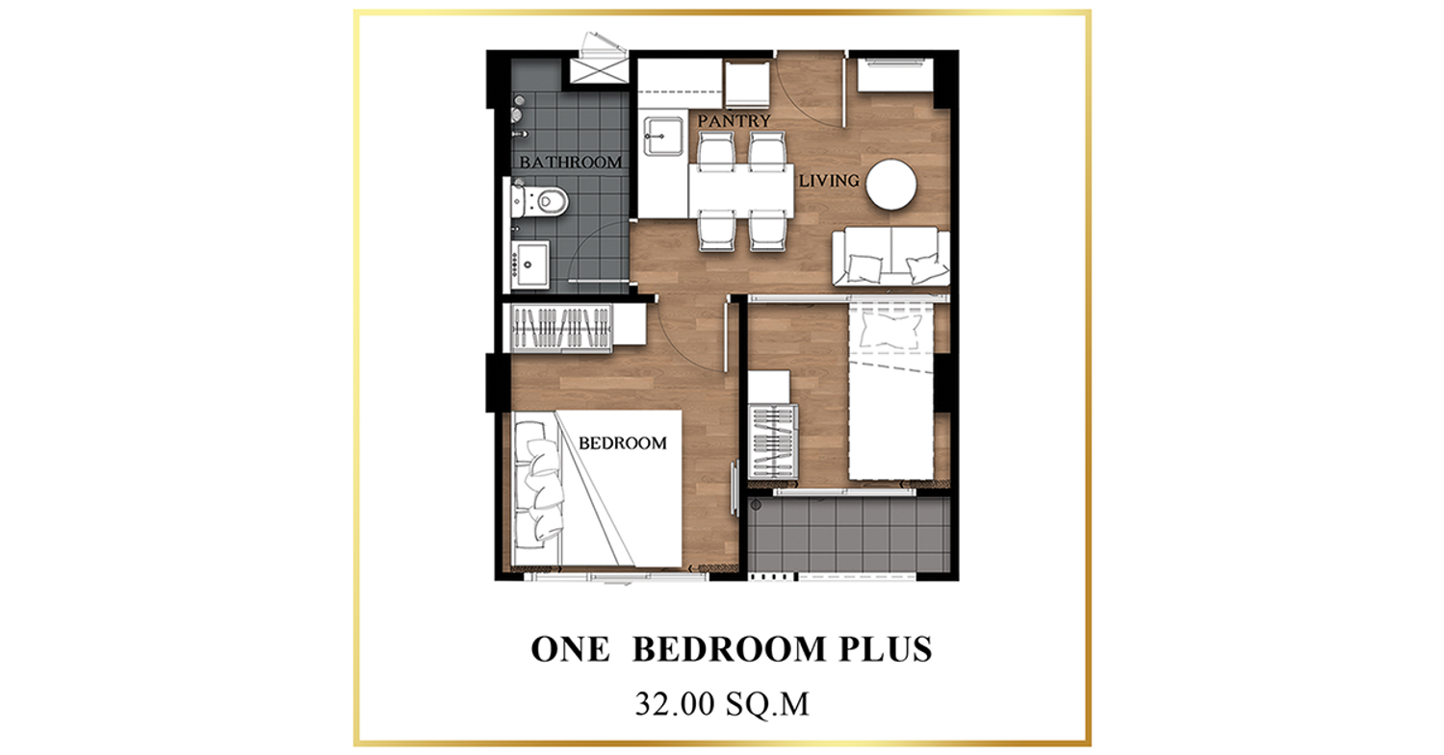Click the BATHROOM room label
tap(571, 163)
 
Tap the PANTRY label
tap(734, 121)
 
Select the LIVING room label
tap(829, 181)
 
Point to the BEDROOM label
tap(623, 443)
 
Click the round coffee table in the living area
tap(890, 185)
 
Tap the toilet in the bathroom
tap(540, 201)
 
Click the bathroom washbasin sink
tap(530, 264)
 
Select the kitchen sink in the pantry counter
tap(663, 136)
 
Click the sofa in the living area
tap(890, 257)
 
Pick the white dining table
tap(741, 191)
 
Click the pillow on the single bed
tap(890, 331)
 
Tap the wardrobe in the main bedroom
tap(561, 328)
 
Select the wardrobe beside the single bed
tap(773, 441)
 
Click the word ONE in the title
tap(570, 648)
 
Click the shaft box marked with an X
tap(599, 69)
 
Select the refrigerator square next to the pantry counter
tap(748, 84)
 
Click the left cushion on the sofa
tap(864, 268)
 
